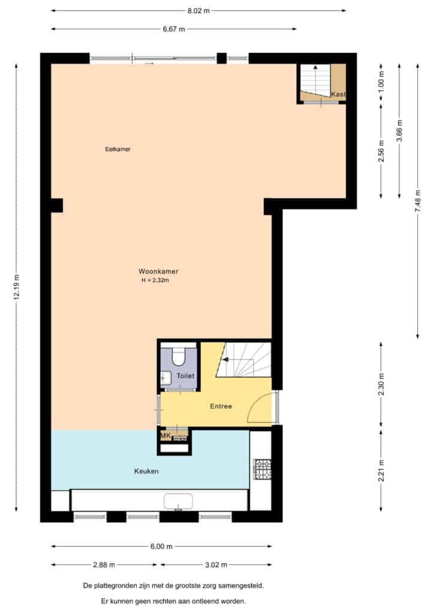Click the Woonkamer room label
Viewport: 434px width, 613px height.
(x=158, y=271)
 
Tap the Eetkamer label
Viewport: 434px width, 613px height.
(x=118, y=149)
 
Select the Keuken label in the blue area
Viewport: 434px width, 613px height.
(x=146, y=471)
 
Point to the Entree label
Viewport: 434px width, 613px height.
(x=221, y=406)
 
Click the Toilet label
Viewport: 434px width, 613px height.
(x=185, y=376)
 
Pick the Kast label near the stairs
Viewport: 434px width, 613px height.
(x=338, y=94)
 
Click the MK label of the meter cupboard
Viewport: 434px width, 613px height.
(x=165, y=436)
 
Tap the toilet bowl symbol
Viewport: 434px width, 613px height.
(x=179, y=355)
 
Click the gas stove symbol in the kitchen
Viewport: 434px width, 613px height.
(x=262, y=469)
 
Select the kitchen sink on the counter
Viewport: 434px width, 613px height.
(x=179, y=501)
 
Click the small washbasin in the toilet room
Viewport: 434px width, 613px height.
(x=166, y=378)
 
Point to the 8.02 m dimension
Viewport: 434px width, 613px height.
(x=198, y=11)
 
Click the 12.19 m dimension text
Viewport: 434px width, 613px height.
(x=16, y=287)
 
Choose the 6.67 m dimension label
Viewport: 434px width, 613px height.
(x=174, y=29)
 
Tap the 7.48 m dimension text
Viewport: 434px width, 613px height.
(x=418, y=201)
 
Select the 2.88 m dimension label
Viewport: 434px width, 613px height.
(x=104, y=565)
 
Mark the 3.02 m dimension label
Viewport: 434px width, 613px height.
(x=216, y=565)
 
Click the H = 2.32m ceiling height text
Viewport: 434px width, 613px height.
(x=155, y=280)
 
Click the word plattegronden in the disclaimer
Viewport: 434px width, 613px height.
(x=114, y=585)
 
